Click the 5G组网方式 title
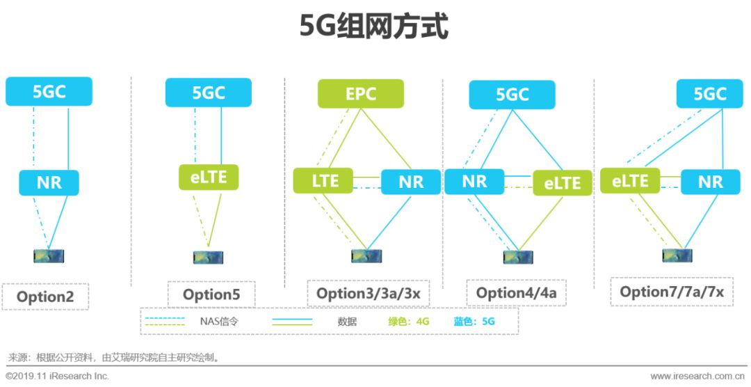pos(374,27)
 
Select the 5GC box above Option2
pos(49,92)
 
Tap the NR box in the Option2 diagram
pos(49,182)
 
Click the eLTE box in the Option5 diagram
pos(208,177)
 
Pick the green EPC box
pos(360,93)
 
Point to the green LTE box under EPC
pos(324,180)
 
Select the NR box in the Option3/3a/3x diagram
pos(410,182)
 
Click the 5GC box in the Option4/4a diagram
pos(512,95)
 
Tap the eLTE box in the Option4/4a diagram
pos(562,182)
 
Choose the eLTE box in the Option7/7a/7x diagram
pos(630,181)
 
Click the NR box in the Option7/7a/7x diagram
pos(710,182)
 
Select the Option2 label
pos(45,297)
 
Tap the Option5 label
pos(211,294)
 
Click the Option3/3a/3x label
pos(368,293)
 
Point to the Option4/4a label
pos(516,293)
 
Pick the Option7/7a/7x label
pos(671,292)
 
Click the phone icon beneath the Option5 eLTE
pos(206,256)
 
